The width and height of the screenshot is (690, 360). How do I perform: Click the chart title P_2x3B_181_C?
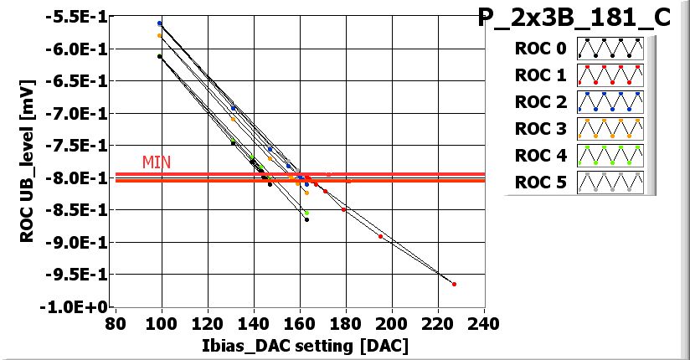point(574,18)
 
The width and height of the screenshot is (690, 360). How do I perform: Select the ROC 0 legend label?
point(540,49)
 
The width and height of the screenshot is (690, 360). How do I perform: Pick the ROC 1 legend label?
point(540,75)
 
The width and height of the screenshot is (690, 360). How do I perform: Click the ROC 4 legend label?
point(540,156)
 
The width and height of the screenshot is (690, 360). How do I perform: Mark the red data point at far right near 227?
point(454,284)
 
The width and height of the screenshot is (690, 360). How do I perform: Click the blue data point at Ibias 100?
point(160,23)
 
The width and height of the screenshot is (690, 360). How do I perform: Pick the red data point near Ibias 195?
point(380,236)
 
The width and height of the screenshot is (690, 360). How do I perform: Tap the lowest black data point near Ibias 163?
point(306,219)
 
